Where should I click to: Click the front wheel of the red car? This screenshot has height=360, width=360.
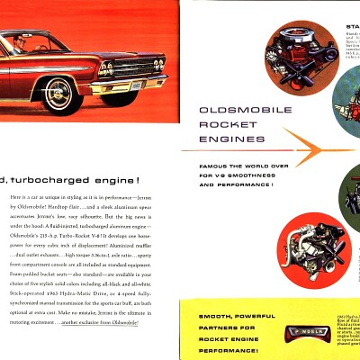(58, 94)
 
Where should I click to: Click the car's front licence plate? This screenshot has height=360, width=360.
(135, 86)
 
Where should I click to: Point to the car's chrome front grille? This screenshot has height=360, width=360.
(130, 68)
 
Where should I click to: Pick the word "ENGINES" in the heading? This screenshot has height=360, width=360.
(213, 139)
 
